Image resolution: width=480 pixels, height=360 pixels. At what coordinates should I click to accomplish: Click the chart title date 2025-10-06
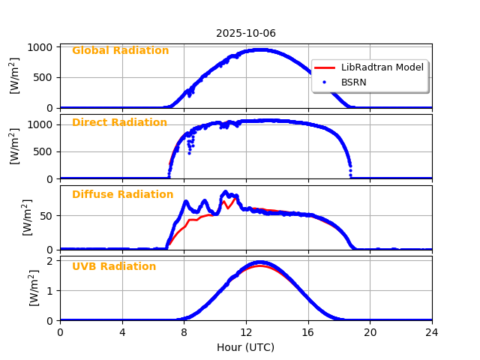[246, 33]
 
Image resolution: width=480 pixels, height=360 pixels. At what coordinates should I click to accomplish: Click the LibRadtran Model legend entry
[382, 67]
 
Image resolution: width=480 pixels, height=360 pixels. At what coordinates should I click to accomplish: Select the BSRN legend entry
[353, 82]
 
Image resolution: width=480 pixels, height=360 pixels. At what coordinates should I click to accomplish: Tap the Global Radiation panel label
[120, 51]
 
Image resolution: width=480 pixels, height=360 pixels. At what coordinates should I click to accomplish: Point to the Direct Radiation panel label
[119, 123]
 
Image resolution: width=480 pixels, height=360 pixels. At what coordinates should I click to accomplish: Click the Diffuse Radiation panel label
[122, 195]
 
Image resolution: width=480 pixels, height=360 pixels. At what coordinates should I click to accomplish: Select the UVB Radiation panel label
[114, 267]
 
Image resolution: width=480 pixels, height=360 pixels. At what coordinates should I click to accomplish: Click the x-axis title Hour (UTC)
[245, 347]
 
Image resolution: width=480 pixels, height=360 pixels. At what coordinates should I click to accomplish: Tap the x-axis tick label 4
[122, 332]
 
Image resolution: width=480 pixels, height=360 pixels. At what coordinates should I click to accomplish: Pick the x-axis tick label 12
[246, 332]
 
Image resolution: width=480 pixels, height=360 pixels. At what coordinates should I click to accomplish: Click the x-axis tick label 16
[308, 332]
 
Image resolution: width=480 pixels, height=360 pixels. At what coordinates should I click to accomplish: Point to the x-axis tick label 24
[432, 332]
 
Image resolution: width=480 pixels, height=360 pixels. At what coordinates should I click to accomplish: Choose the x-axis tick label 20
[370, 332]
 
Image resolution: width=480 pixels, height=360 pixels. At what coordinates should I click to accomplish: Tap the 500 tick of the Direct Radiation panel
[44, 151]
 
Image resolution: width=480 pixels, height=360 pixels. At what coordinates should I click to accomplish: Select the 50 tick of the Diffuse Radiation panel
[46, 216]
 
